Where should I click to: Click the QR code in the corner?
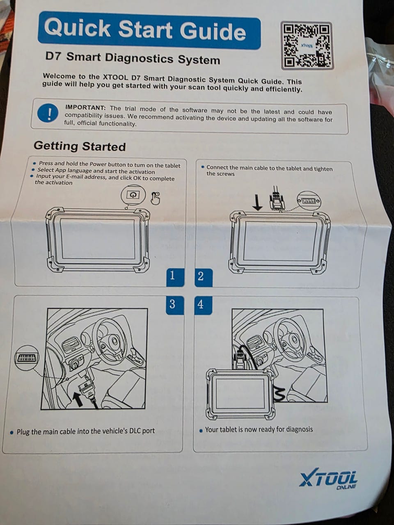307,46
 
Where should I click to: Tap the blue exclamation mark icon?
48,113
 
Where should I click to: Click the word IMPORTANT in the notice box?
85,107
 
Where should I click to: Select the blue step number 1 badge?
172,276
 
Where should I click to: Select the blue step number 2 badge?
201,276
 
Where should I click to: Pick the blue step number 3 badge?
172,304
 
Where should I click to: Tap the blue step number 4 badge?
201,304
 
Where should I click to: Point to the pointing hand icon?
155,198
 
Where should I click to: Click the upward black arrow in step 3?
77,397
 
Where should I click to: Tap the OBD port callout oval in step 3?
27,358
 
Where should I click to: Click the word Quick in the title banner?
78,28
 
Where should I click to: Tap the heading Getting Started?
80,146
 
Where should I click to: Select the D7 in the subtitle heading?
53,57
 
